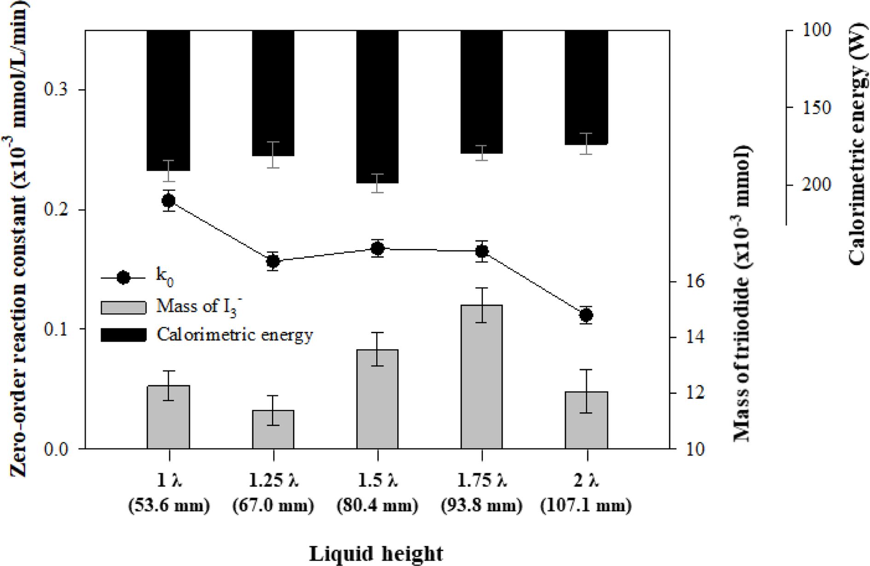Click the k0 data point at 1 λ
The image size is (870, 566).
(x=169, y=201)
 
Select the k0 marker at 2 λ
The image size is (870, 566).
(x=586, y=316)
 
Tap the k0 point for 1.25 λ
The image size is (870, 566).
(x=273, y=261)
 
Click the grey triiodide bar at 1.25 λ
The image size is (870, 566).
(x=273, y=429)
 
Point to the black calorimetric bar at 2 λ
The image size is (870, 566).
(x=586, y=87)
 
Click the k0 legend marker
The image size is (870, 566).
(x=123, y=277)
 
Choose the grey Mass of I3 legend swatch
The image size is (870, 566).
(x=123, y=307)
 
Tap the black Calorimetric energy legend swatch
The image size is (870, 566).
(x=123, y=335)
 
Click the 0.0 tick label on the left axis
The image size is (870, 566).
(x=55, y=449)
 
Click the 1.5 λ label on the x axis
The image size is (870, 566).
(x=377, y=481)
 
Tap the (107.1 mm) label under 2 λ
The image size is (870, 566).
(x=586, y=506)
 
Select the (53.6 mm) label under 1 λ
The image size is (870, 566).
(x=169, y=506)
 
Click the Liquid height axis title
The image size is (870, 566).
(x=376, y=554)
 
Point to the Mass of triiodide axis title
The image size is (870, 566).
(x=742, y=295)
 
